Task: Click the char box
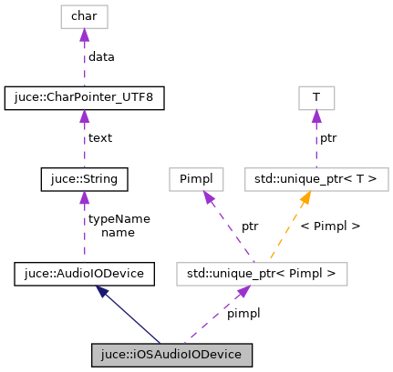click(x=84, y=16)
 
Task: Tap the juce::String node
click(x=84, y=180)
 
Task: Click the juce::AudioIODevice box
click(x=84, y=272)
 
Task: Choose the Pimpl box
click(x=197, y=180)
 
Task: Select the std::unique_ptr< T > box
click(x=315, y=180)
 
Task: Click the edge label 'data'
click(x=101, y=57)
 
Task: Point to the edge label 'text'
click(x=100, y=139)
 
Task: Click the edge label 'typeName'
click(x=119, y=219)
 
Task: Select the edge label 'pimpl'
click(x=243, y=313)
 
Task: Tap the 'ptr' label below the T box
click(x=329, y=139)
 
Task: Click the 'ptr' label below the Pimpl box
click(x=249, y=226)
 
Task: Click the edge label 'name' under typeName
click(x=119, y=233)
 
